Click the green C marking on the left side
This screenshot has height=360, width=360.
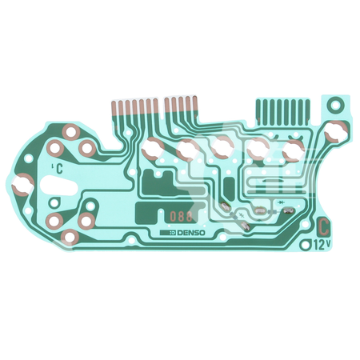click(x=57, y=166)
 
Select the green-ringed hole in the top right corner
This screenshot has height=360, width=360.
click(x=336, y=104)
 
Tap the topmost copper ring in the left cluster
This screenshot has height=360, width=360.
click(x=70, y=131)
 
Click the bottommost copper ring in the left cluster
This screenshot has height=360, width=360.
click(x=70, y=237)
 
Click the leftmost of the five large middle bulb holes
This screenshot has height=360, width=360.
click(x=152, y=146)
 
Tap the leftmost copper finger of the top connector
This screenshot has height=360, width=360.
click(x=114, y=105)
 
